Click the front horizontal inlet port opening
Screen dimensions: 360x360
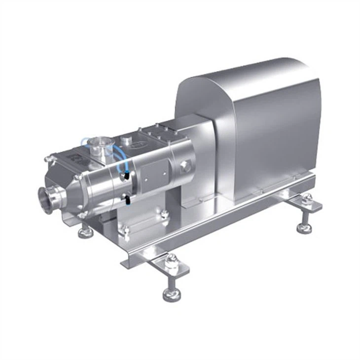pos(46,199)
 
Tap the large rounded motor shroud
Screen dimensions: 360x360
pos(256,123)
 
